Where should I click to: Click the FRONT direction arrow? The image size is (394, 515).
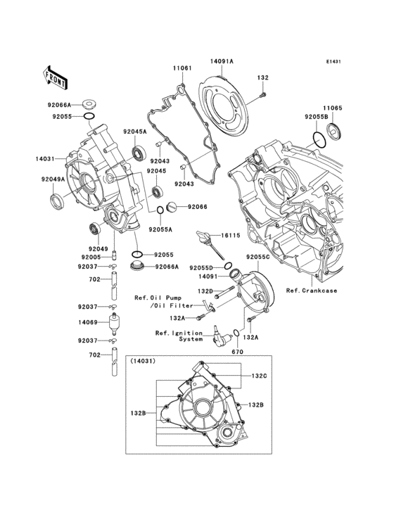click(56, 72)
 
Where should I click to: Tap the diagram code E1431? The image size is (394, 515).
click(333, 62)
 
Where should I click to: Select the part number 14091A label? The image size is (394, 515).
click(221, 62)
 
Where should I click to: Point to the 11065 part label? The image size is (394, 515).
click(333, 108)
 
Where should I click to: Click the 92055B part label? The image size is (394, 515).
click(317, 117)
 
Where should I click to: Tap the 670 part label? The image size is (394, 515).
click(236, 351)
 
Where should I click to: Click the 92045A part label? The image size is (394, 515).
click(134, 131)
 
